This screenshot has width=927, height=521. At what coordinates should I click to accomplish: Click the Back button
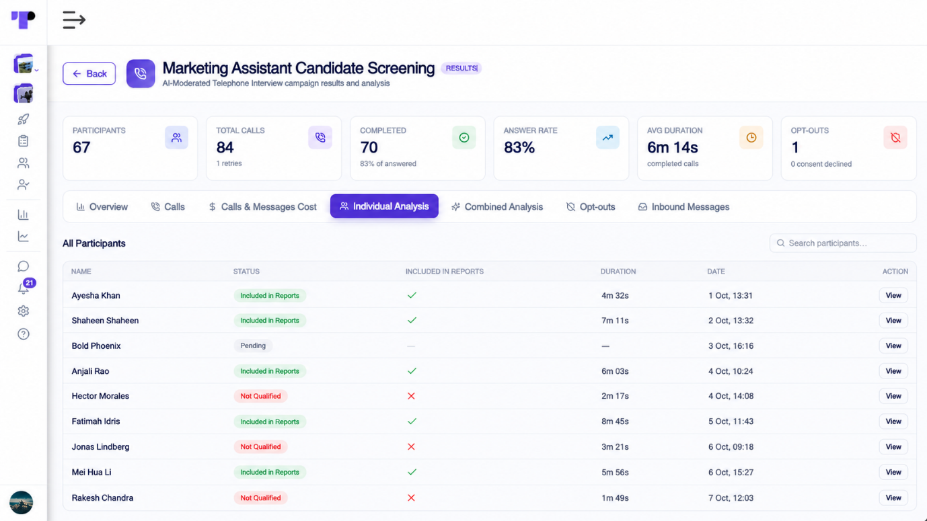89,73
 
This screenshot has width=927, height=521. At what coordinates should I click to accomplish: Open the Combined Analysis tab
497,207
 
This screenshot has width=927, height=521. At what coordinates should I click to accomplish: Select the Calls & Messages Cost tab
262,207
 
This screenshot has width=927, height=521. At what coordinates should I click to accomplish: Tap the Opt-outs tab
591,207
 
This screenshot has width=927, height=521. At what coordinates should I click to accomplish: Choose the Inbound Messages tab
683,207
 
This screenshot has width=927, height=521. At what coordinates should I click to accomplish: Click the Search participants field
843,243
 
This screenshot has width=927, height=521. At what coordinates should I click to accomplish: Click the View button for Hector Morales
893,396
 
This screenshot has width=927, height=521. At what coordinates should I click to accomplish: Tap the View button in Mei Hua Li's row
893,472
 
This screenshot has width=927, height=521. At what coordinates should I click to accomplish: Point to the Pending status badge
253,346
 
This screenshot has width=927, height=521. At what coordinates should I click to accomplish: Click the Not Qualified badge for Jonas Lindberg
260,446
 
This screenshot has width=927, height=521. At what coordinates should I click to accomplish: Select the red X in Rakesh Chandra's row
411,498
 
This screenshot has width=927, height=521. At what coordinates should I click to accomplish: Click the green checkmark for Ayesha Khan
412,295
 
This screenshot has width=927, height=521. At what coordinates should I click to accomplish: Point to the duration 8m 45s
615,422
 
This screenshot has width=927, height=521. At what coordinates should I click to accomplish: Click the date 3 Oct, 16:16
731,346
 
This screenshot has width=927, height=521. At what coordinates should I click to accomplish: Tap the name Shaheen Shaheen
105,321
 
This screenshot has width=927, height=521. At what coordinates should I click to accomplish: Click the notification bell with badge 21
24,288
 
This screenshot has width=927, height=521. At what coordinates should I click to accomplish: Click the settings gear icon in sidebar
23,311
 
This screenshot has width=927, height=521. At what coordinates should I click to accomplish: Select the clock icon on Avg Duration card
751,138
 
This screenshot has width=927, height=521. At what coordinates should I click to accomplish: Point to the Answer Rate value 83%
519,148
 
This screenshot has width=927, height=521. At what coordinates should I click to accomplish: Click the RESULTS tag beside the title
461,68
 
